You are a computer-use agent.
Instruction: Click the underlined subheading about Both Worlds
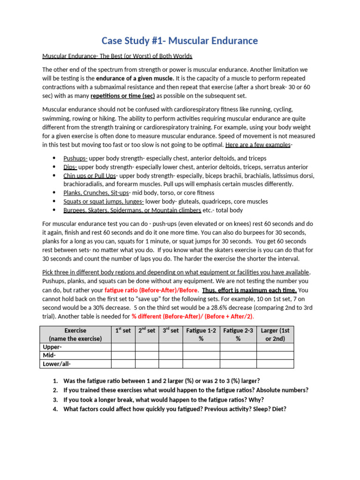pyautogui.click(x=117, y=56)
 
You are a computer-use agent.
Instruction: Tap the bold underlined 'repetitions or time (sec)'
pyautogui.click(x=122, y=96)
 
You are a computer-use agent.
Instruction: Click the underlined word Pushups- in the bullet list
pyautogui.click(x=75, y=158)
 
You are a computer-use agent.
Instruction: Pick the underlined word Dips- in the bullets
pyautogui.click(x=70, y=167)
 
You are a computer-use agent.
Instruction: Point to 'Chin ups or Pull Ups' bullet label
pyautogui.click(x=90, y=176)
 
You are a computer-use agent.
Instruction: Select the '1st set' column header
pyautogui.click(x=123, y=330)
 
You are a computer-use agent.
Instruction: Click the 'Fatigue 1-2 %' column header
pyautogui.click(x=201, y=334)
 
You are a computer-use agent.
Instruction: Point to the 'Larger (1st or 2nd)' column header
pyautogui.click(x=275, y=334)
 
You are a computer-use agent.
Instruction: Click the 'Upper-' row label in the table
pyautogui.click(x=52, y=347)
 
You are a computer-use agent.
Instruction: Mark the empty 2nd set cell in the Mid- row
pyautogui.click(x=147, y=355)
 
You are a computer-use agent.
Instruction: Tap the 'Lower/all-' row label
pyautogui.click(x=57, y=364)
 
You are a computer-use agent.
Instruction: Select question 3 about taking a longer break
pyautogui.click(x=163, y=400)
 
